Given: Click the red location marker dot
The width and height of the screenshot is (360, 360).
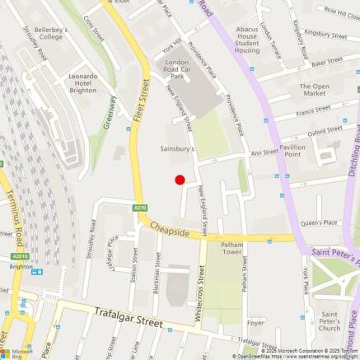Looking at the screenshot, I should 180,180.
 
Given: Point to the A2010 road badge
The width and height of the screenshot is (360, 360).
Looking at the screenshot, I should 20,256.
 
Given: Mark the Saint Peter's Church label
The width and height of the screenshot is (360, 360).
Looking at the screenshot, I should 330,321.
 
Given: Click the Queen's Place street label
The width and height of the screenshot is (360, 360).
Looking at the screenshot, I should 319,222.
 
